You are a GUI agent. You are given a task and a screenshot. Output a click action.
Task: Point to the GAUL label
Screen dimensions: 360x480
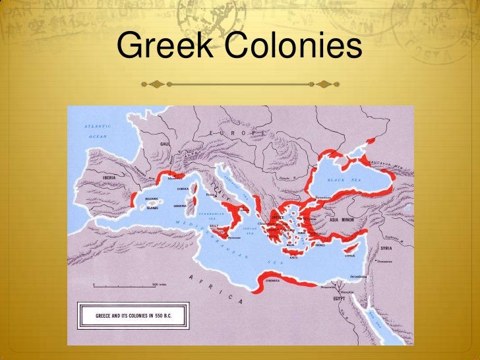(x=164, y=143)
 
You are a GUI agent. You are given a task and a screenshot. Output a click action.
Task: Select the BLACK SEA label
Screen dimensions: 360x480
(x=346, y=179)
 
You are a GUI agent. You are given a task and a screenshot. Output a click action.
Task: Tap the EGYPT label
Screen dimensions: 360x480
(x=339, y=298)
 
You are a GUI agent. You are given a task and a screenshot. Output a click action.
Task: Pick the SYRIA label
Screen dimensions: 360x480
(x=387, y=248)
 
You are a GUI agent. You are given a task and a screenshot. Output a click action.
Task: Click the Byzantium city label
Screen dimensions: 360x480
(x=324, y=197)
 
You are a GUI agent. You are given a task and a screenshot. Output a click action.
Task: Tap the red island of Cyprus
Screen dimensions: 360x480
(x=351, y=250)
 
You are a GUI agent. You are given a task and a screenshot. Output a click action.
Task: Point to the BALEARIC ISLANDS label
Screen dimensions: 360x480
(x=152, y=202)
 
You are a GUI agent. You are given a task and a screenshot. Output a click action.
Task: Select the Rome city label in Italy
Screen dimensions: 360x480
(x=212, y=195)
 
